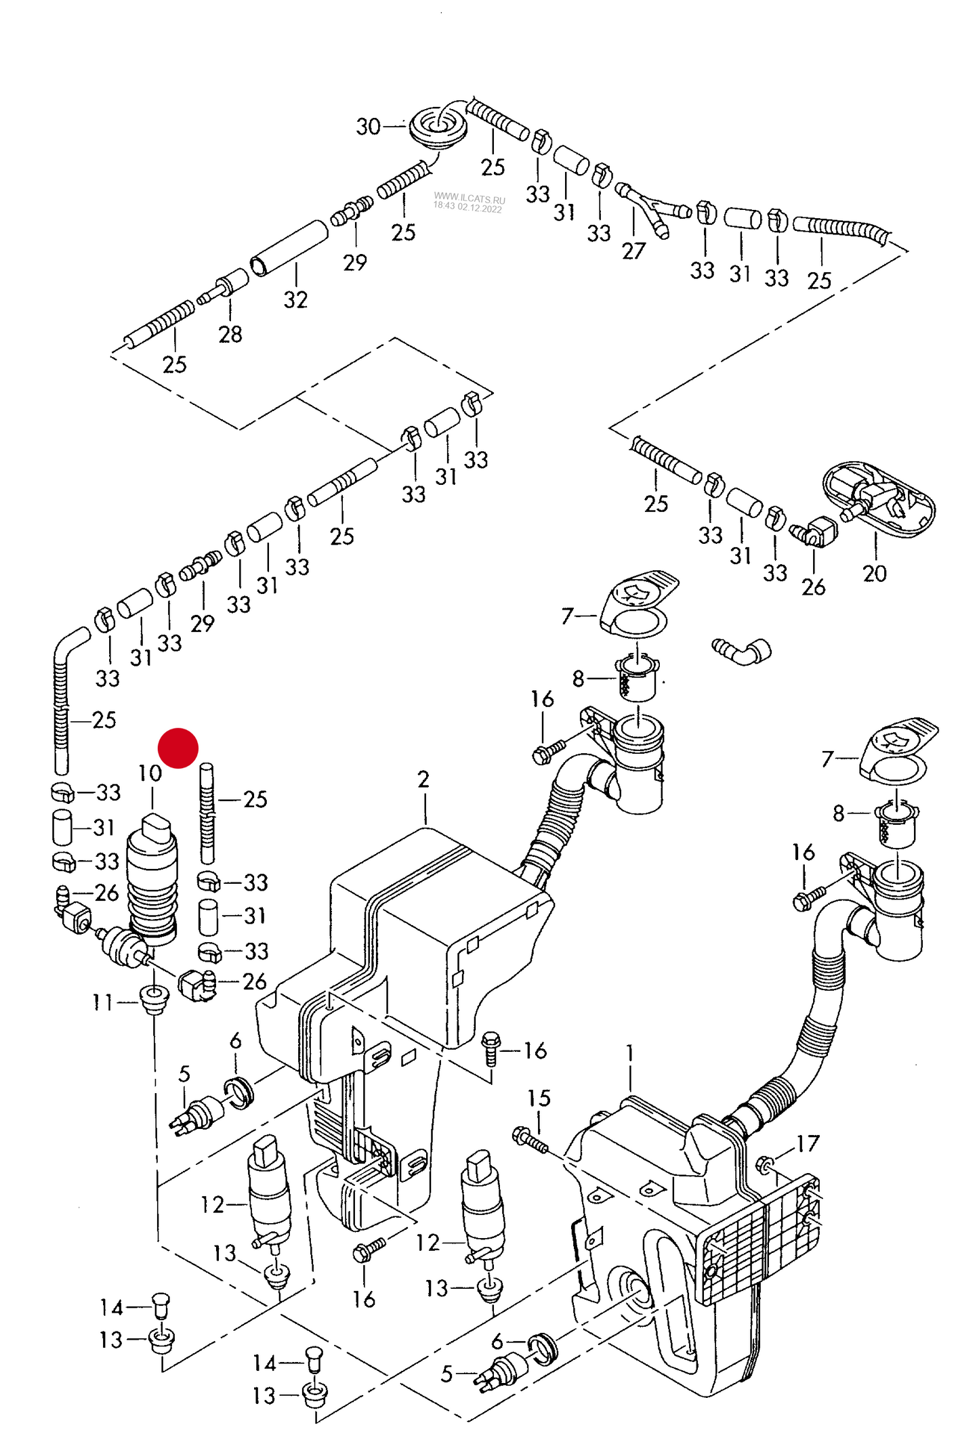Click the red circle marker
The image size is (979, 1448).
(x=178, y=748)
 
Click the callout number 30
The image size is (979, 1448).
(x=368, y=127)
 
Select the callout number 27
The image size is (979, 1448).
(x=633, y=251)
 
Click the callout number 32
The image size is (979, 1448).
(x=295, y=299)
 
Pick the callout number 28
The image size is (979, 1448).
(x=230, y=334)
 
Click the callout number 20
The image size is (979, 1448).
(x=874, y=574)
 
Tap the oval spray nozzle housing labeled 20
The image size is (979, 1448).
(x=878, y=499)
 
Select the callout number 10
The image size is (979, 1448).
(x=150, y=773)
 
